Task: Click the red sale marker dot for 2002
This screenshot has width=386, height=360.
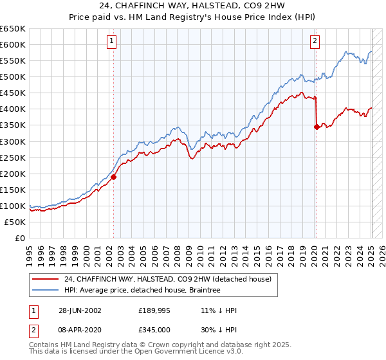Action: point(114,177)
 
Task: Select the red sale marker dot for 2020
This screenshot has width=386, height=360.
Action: point(317,127)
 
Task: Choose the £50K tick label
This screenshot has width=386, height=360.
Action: point(15,222)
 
